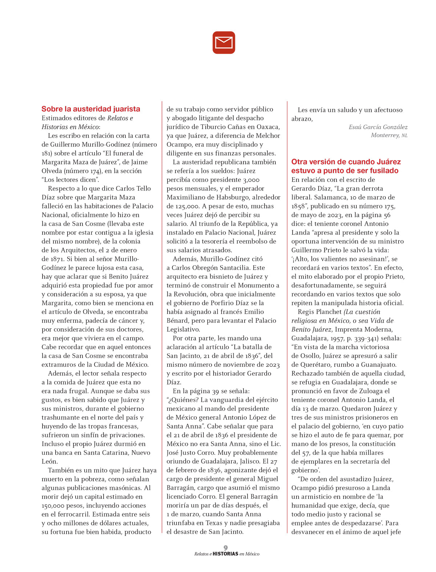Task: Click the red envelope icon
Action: coord(224,43)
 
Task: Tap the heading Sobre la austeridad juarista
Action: coord(91,109)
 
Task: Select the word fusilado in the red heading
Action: coord(384,171)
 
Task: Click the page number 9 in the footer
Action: coord(226,548)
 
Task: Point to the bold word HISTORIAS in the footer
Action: coord(225,554)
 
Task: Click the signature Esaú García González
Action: coord(378,127)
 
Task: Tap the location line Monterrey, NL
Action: coord(389,135)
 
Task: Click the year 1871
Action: coord(58,259)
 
